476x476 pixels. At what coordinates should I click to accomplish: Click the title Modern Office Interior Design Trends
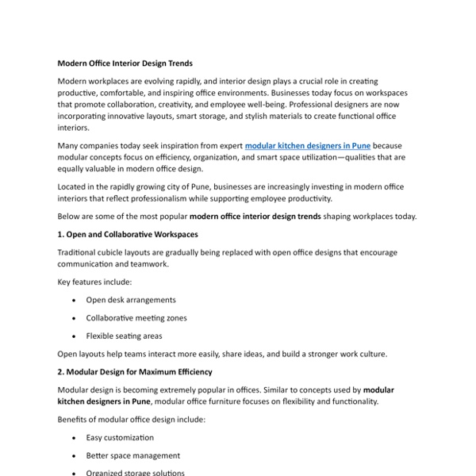[125, 63]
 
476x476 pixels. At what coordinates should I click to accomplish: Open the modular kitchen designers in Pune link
[308, 146]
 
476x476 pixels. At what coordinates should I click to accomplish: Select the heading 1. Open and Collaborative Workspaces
[128, 234]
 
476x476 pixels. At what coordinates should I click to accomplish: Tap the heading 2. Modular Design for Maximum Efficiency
[135, 371]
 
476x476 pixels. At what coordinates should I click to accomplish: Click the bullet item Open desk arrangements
[131, 300]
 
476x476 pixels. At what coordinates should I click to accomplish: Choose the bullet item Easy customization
[120, 437]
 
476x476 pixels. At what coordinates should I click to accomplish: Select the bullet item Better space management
[133, 455]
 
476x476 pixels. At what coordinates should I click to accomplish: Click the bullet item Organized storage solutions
[136, 473]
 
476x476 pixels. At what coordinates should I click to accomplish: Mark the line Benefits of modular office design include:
[132, 419]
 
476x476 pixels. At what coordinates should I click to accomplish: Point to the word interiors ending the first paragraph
[75, 127]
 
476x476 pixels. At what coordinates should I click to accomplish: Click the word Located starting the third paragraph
[74, 186]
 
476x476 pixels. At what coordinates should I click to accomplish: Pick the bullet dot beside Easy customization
[74, 438]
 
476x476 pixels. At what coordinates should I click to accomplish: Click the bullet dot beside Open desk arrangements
[74, 301]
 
